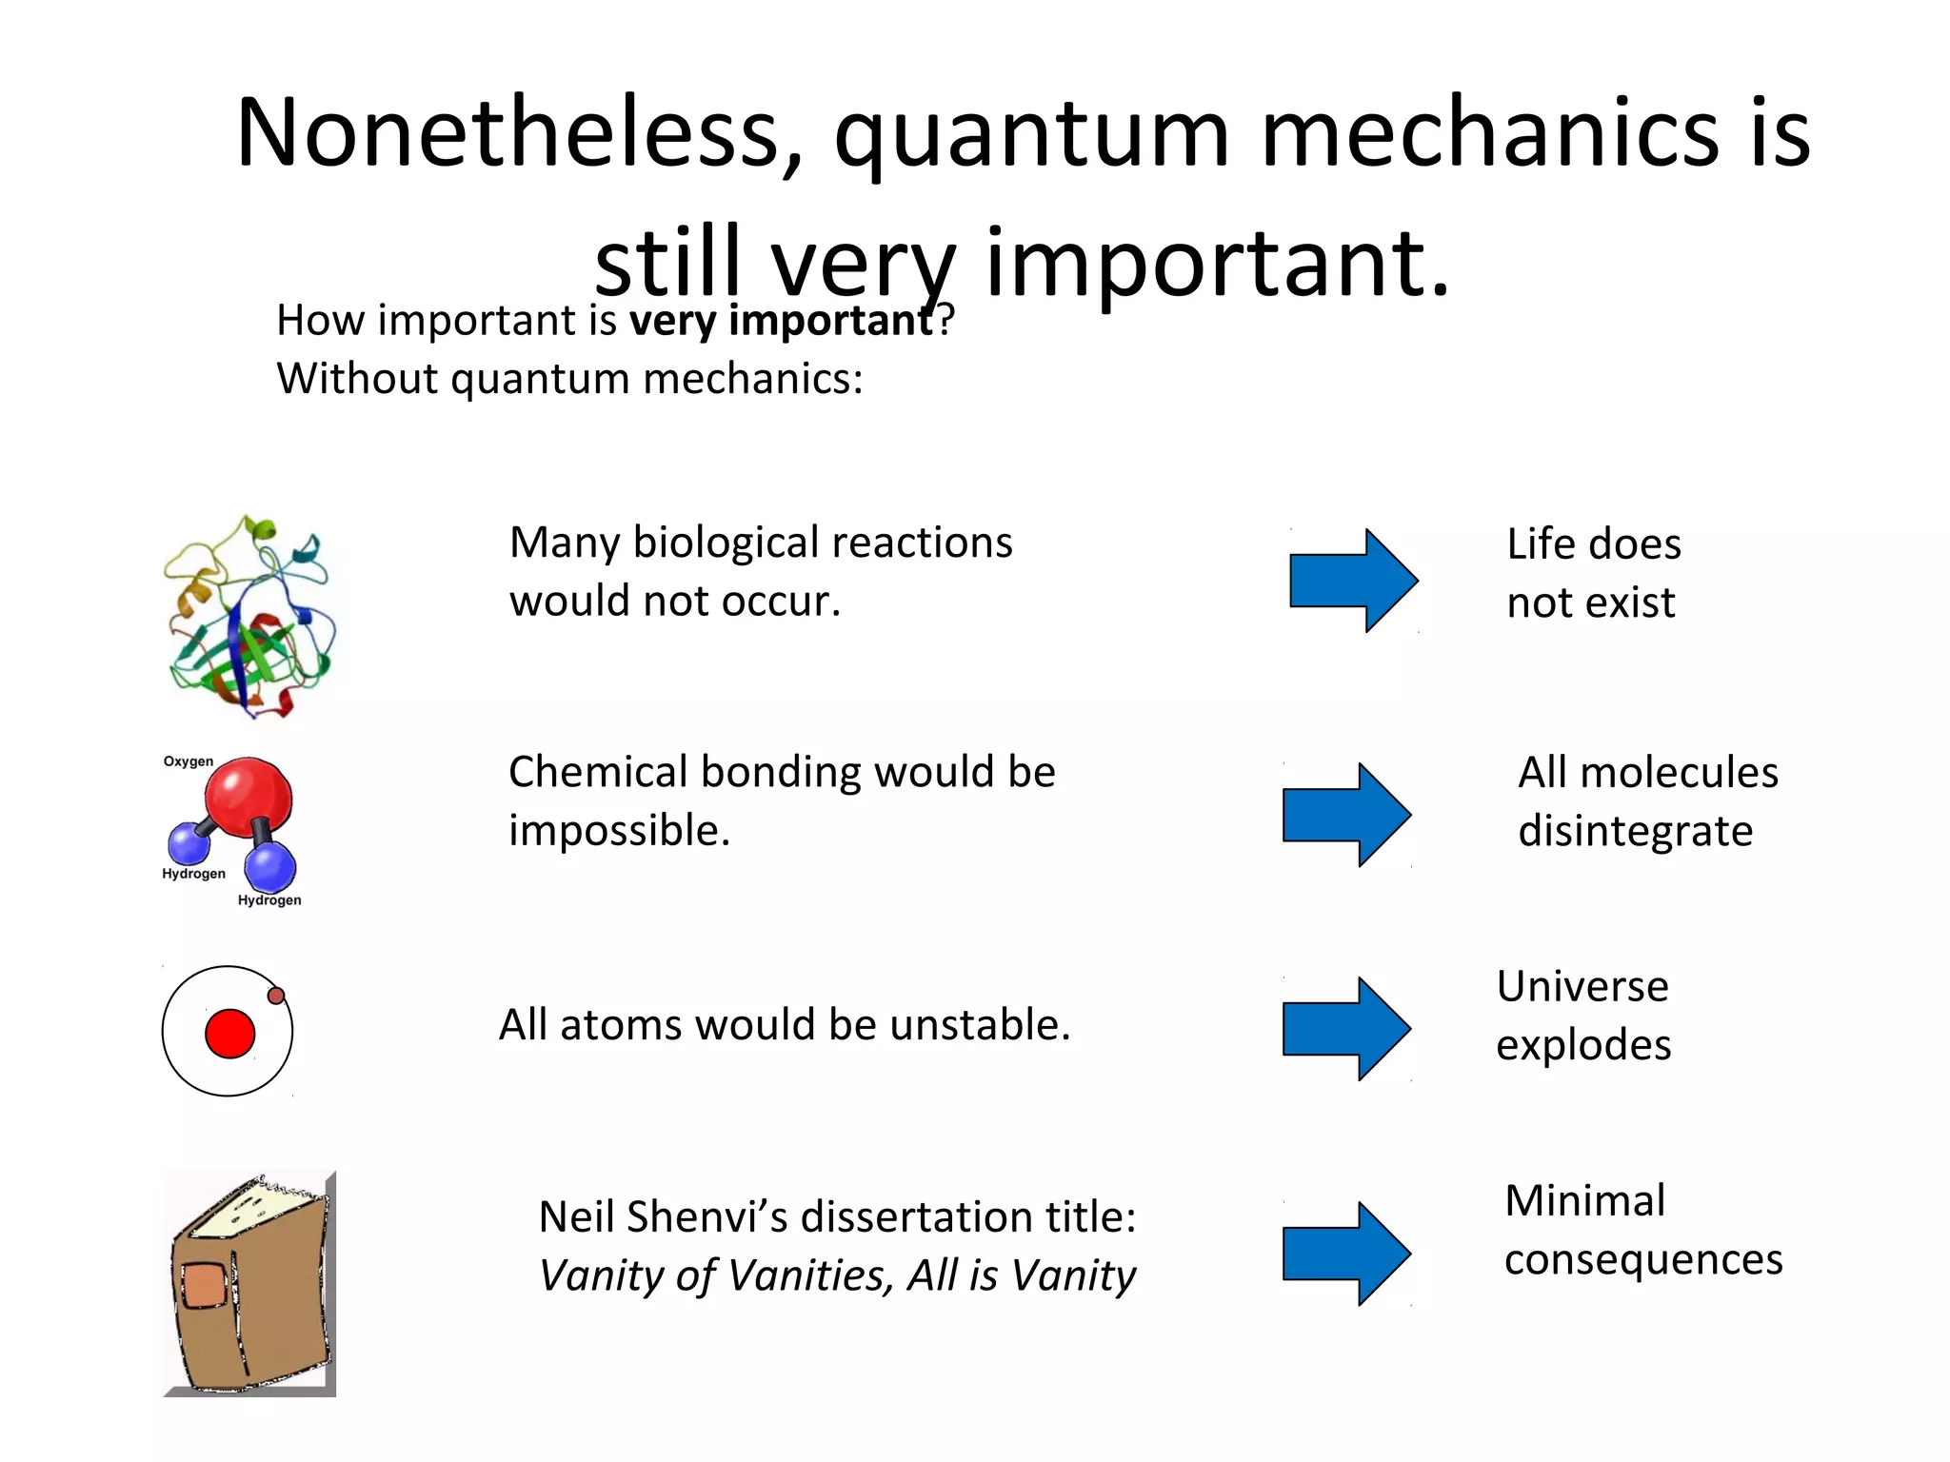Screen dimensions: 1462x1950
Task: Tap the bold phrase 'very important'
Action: tap(781, 321)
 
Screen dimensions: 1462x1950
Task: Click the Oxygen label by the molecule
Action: tap(188, 761)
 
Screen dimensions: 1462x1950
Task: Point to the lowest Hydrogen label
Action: tap(269, 900)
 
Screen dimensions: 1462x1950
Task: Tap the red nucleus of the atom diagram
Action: tap(229, 1034)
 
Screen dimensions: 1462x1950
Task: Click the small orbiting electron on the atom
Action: tap(276, 996)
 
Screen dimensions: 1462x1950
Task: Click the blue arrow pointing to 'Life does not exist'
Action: tap(1352, 581)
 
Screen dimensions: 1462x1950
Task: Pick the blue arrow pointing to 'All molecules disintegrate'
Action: tap(1345, 815)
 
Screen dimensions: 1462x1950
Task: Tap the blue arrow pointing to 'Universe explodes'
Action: tap(1345, 1029)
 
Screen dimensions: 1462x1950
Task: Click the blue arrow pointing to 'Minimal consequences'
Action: tap(1345, 1254)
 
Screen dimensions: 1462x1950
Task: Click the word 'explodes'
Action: tap(1582, 1045)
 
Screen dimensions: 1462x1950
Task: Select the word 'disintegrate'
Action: tap(1635, 831)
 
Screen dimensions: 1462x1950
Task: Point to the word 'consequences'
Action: tap(1642, 1260)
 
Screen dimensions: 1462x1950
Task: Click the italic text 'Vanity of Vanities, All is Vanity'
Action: tap(837, 1275)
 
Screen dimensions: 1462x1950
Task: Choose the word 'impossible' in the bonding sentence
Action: tap(618, 831)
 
